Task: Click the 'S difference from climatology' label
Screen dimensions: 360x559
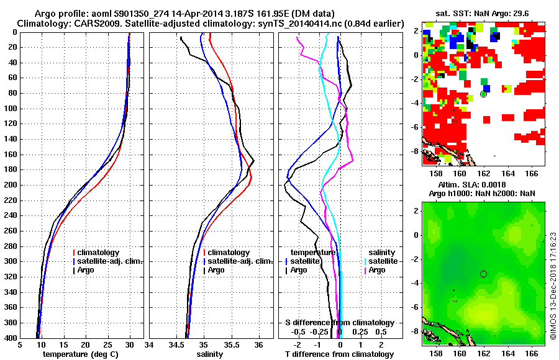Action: (x=340, y=323)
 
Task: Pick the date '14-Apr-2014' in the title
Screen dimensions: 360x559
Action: (x=189, y=14)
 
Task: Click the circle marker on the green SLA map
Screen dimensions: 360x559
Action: (x=483, y=274)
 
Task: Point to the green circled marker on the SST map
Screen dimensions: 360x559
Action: (x=483, y=94)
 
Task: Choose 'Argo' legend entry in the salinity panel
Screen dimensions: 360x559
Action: (x=216, y=270)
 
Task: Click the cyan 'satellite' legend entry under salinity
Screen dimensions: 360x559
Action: (x=382, y=261)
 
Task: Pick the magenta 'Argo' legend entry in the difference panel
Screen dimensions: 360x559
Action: (x=377, y=270)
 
